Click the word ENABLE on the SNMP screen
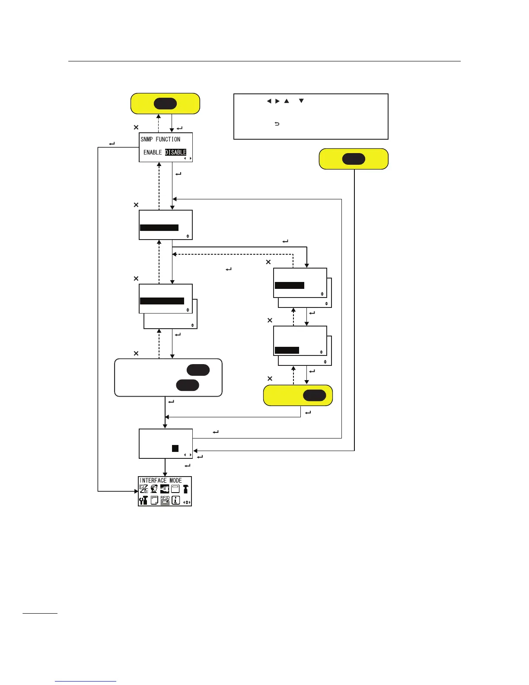click(153, 152)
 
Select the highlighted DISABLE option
click(175, 152)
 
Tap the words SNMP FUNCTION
click(160, 139)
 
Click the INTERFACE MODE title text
click(161, 480)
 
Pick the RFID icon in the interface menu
click(165, 500)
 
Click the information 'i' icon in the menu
click(175, 500)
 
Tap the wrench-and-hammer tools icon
click(143, 500)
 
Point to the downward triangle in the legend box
click(301, 101)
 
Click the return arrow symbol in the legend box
click(277, 124)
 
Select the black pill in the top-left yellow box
click(165, 104)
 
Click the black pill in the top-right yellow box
click(354, 159)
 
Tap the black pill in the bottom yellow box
click(314, 395)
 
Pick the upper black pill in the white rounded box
click(198, 370)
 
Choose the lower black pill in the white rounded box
click(188, 385)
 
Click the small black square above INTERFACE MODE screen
click(175, 448)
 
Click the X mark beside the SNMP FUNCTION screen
click(136, 128)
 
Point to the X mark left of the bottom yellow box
click(270, 379)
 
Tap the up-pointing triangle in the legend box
click(287, 101)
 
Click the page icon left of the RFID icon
click(154, 500)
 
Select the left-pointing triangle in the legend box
click(269, 101)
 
